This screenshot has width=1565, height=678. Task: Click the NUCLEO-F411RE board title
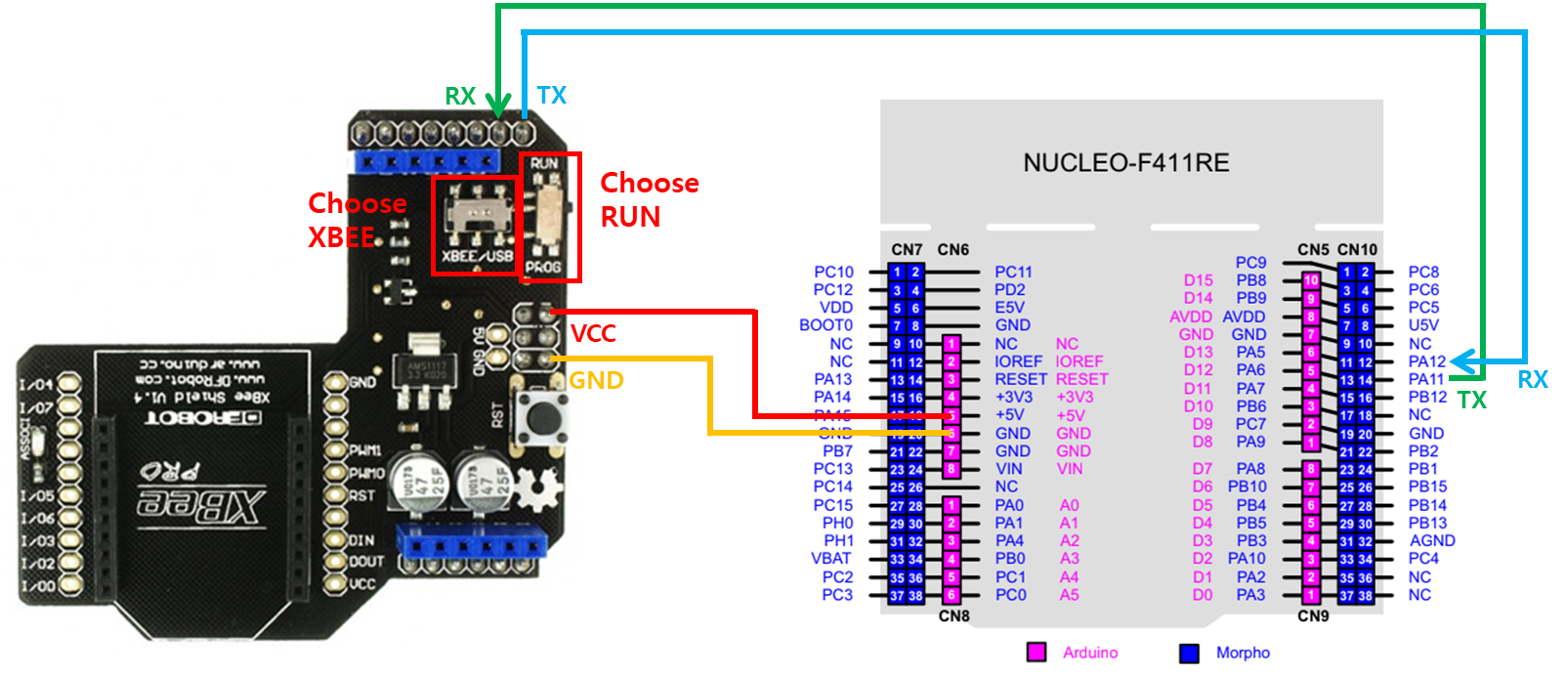pos(1125,163)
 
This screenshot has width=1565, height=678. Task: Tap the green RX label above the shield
pos(460,97)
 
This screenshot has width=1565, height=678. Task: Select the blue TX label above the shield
pos(552,95)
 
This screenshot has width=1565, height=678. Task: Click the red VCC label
pos(594,334)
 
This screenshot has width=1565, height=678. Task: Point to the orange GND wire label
pos(597,380)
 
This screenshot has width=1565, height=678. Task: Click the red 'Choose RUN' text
pos(649,199)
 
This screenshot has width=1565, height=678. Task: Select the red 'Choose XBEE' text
pos(357,220)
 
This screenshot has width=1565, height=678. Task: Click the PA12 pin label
pos(1426,361)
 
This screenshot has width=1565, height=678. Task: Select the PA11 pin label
pos(1426,379)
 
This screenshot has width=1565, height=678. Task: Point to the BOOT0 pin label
pos(825,325)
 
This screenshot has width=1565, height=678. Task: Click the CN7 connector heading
pos(907,250)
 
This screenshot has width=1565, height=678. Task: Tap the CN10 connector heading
pos(1357,250)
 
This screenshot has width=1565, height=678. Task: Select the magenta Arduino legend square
pos(1036,653)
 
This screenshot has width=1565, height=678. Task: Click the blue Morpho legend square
pos(1189,653)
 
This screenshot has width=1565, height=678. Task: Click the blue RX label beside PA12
pos(1532,380)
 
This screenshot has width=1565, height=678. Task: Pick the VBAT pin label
pos(831,559)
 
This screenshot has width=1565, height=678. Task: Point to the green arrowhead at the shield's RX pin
pos(498,106)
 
